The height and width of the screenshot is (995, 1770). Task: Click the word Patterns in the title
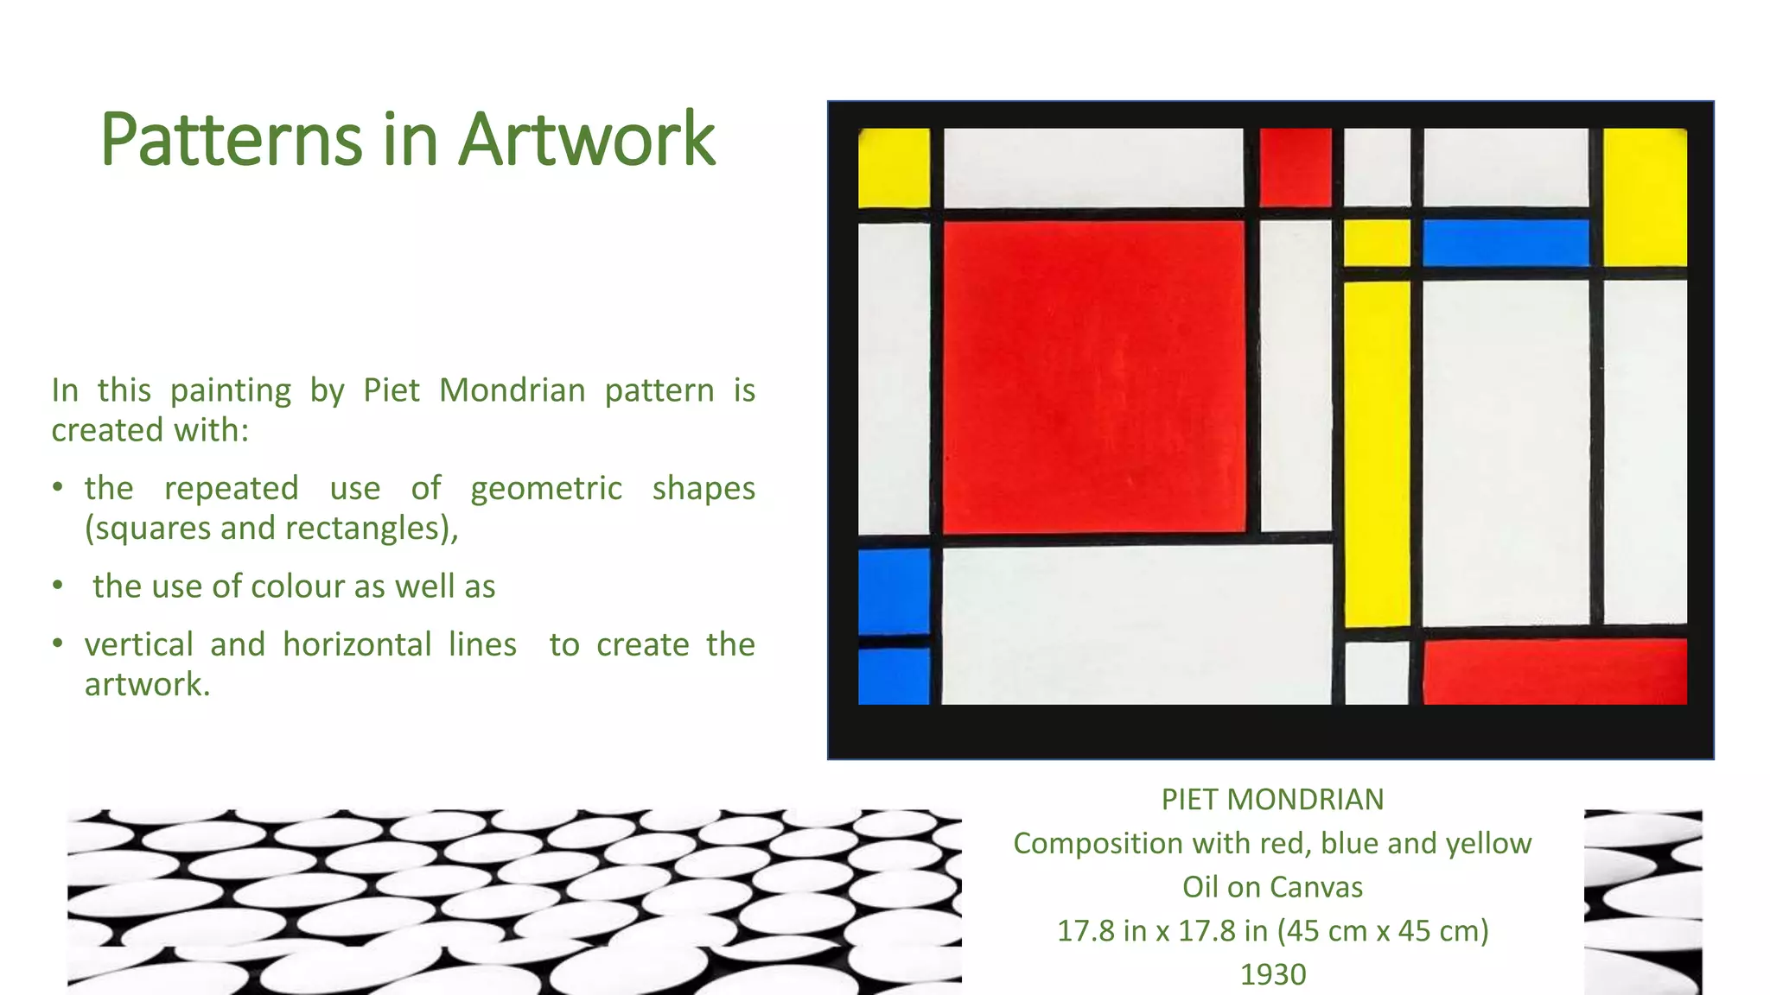(x=232, y=140)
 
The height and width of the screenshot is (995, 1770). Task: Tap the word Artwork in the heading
(x=587, y=140)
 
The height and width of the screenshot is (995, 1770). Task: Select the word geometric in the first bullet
(x=546, y=490)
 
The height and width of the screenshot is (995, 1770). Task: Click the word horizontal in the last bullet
(x=357, y=645)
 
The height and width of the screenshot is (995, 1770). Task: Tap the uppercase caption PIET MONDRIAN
(x=1272, y=800)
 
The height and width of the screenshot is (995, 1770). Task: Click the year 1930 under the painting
(x=1272, y=974)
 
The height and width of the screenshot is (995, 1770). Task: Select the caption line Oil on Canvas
(x=1272, y=887)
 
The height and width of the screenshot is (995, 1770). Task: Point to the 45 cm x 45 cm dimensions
(x=1383, y=931)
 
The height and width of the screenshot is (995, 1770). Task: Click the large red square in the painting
(x=1093, y=377)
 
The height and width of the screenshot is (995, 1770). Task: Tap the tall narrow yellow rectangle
(x=1377, y=453)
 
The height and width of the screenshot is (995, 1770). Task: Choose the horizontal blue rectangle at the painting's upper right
(x=1506, y=243)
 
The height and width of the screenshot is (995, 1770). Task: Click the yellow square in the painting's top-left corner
(x=894, y=168)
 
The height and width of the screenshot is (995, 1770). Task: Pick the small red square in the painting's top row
(x=1295, y=168)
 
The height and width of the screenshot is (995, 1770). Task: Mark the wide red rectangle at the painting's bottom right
(x=1554, y=671)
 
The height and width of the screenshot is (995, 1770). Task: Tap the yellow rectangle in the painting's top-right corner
(x=1645, y=197)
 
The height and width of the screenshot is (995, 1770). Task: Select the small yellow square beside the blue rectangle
(x=1377, y=243)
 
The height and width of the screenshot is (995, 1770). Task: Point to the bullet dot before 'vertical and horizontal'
(x=58, y=643)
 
